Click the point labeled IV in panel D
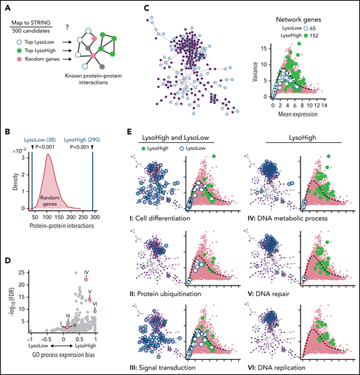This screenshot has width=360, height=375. click(86, 279)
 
